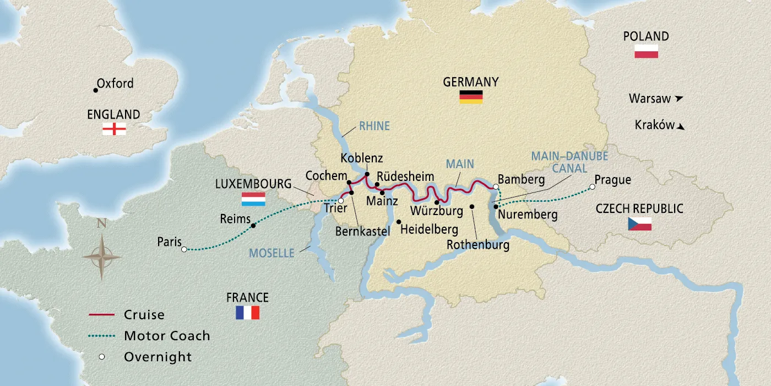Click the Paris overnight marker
pos(184,249)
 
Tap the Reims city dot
pos(253,226)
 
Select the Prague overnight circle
pos(592,187)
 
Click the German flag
pos(471,97)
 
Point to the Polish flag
pos(646,52)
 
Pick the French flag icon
pos(247,313)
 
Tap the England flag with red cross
pos(114,129)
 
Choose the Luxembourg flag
pos(253,199)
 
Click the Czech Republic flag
pos(639,224)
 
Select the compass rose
pos(102,256)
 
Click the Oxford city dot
pos(95,90)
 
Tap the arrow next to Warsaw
pos(679,99)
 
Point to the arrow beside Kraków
pos(681,126)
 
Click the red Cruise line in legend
pos(101,315)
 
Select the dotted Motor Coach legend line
pos(101,336)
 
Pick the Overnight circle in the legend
pos(102,357)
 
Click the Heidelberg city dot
pos(399,222)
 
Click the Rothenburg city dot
pos(472,207)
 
